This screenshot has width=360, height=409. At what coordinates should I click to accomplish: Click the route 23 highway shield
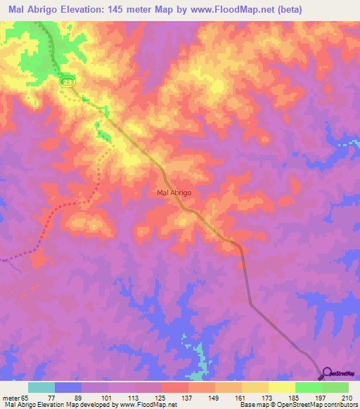coord(67,82)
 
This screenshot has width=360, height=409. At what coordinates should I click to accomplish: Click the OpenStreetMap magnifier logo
coord(328,373)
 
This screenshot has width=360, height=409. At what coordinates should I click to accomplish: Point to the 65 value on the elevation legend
coord(27,398)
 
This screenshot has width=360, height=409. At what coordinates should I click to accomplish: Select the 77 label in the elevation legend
coord(55,398)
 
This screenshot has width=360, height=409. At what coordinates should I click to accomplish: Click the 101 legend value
coord(108,398)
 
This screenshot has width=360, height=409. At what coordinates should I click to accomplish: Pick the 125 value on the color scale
coord(162,398)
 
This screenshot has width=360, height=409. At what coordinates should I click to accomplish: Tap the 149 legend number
coord(215,398)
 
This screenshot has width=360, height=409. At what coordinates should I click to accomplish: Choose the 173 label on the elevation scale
coord(269,398)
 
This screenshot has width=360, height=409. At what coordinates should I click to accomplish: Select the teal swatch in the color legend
coord(41,387)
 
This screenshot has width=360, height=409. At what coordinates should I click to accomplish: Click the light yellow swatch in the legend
coord(281,387)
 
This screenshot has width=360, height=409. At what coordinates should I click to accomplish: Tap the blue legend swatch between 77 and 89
coord(68,387)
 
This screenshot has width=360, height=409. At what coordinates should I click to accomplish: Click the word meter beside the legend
coord(9,398)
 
